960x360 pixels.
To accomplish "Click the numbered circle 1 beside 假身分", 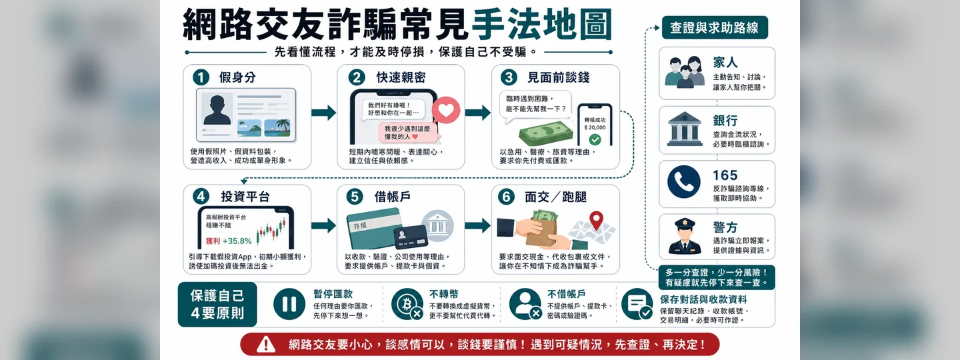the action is point(201,77).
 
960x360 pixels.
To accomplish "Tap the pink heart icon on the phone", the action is point(446,110).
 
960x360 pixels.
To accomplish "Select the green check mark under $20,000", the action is point(595,139).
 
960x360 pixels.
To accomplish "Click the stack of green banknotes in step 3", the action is point(545,133).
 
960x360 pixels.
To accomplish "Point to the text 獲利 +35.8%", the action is point(229,241).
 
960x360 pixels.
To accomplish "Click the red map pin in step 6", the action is point(596,220).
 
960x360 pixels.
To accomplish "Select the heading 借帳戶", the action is point(392,197).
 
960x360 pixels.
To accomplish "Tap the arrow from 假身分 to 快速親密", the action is point(323,113).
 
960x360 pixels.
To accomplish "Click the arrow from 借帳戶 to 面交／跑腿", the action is point(477,225).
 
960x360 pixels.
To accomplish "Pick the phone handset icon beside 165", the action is point(684,182).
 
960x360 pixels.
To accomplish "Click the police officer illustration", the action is point(685,236).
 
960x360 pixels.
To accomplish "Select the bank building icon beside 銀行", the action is point(685,129).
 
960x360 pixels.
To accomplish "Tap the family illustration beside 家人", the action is point(685,72).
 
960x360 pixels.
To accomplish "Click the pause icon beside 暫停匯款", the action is point(289,304).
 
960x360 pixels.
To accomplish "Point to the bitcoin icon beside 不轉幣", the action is point(406,304).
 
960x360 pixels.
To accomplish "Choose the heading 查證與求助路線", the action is point(715,28).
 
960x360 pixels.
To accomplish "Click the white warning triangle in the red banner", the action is point(266,344).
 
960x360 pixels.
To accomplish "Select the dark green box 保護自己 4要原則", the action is point(217,304).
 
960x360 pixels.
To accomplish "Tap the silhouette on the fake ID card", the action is point(217,110).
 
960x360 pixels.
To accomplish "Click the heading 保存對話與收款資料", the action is point(703,299).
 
